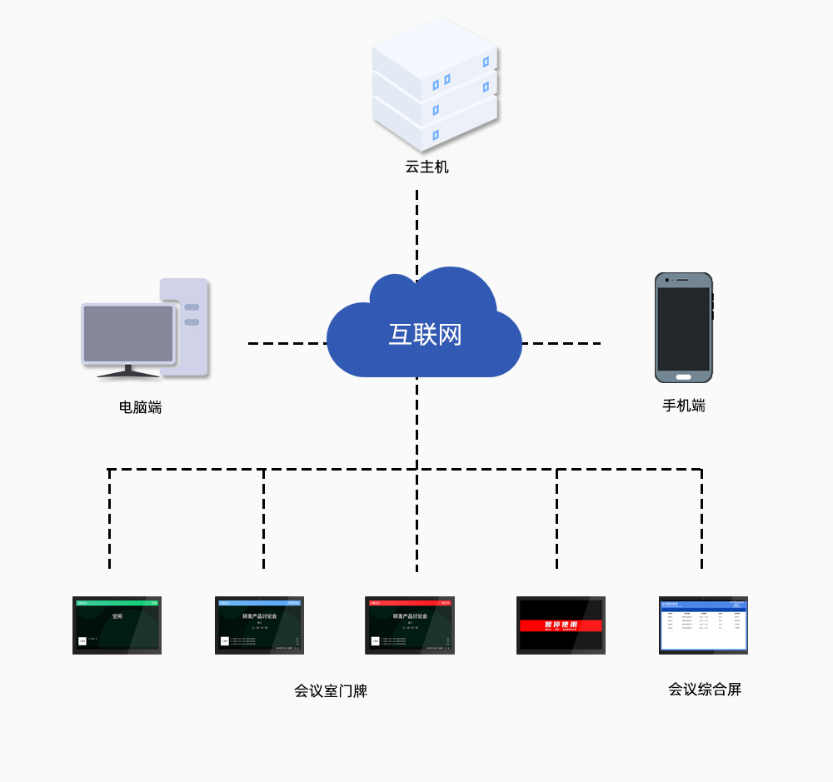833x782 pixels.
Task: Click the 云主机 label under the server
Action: click(426, 167)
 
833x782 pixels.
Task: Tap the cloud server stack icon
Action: click(434, 83)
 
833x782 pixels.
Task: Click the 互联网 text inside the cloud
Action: click(425, 335)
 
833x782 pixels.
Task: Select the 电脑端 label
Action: click(140, 407)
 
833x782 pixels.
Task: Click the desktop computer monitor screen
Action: click(128, 333)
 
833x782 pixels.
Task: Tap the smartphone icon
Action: click(684, 328)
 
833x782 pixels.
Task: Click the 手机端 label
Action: click(684, 406)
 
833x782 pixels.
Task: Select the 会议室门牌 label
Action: click(331, 691)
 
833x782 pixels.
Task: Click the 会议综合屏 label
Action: click(704, 690)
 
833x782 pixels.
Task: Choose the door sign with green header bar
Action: click(117, 625)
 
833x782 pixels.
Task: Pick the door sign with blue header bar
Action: click(259, 625)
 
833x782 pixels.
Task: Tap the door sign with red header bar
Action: click(410, 625)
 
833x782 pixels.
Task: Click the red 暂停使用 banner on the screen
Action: click(561, 625)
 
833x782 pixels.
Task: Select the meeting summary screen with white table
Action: click(703, 625)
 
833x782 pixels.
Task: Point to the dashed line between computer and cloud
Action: click(287, 343)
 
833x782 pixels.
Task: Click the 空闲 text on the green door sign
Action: click(117, 617)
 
